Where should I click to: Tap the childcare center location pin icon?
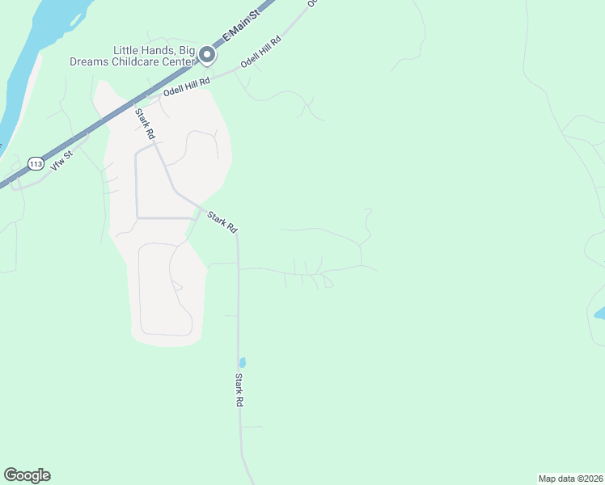pyautogui.click(x=207, y=56)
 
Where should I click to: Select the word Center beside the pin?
pyautogui.click(x=176, y=61)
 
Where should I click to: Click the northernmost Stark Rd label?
pyautogui.click(x=145, y=125)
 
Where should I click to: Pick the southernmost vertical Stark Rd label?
pyautogui.click(x=239, y=389)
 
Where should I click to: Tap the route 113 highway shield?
pyautogui.click(x=35, y=163)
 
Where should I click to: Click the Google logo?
pyautogui.click(x=27, y=475)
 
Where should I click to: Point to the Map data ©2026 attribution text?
pyautogui.click(x=570, y=478)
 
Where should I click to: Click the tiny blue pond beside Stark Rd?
pyautogui.click(x=243, y=363)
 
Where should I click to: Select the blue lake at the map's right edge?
pyautogui.click(x=599, y=312)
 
